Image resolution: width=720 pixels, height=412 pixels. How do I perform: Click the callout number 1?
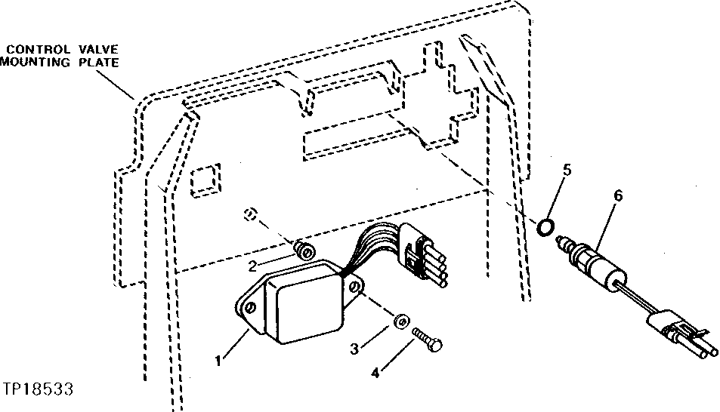pos(218,361)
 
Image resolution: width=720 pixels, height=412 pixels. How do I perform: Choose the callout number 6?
pos(618,195)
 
